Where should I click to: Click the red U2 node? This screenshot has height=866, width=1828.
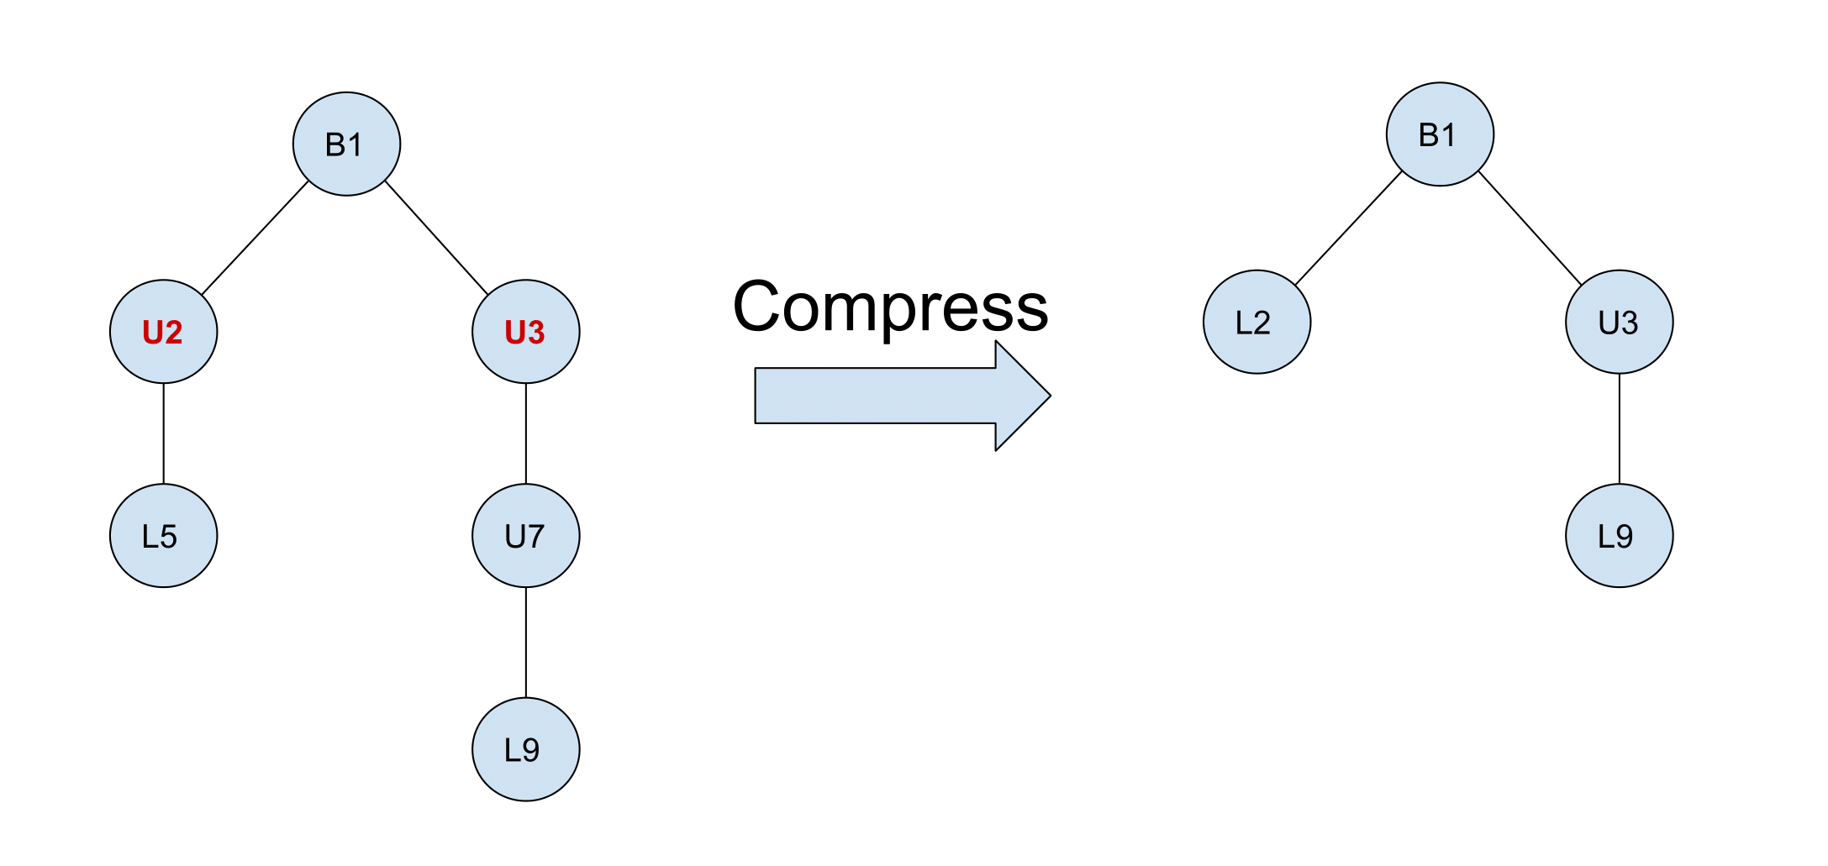coord(164,332)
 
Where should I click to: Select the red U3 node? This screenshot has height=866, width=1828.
coord(526,332)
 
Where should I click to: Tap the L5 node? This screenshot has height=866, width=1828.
coord(164,536)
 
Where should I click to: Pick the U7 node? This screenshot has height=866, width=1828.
coord(526,536)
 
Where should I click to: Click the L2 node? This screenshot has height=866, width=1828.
coord(1257,322)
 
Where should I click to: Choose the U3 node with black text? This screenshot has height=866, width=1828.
coord(1620,322)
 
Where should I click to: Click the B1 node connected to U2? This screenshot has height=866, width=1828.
coord(347,144)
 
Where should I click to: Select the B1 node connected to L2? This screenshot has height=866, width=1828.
coord(1441,134)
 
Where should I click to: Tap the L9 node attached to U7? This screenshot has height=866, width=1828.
coord(526,749)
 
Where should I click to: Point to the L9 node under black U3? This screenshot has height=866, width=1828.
coord(1620,536)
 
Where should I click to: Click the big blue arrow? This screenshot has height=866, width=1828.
coord(903,396)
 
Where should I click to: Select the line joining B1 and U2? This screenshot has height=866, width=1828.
coord(255,238)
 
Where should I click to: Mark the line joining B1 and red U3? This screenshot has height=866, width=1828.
coord(436,238)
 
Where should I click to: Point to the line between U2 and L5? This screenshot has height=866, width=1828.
coord(164,433)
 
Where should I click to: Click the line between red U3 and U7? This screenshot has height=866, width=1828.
coord(526,433)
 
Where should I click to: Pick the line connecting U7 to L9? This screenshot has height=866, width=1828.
coord(526,643)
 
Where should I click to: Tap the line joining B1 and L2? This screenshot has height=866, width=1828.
coord(1349,228)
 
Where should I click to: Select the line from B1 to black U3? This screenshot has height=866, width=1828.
coord(1530,228)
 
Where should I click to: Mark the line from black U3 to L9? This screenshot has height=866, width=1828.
coord(1620,428)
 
